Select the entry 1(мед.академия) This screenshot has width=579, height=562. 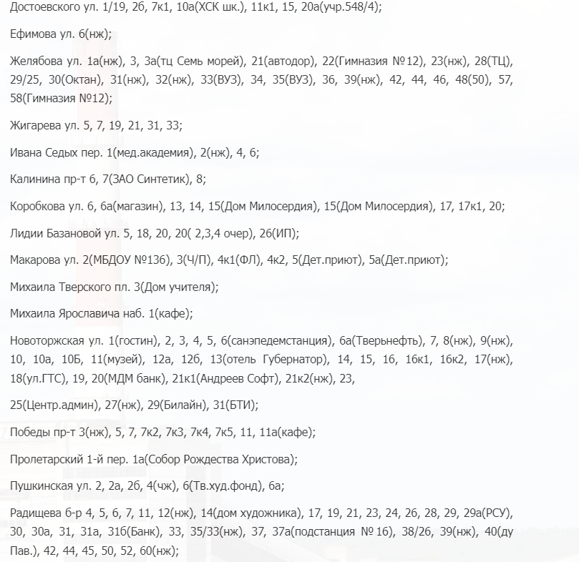150,152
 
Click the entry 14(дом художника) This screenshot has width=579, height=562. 249,513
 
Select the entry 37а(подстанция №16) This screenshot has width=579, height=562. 333,531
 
